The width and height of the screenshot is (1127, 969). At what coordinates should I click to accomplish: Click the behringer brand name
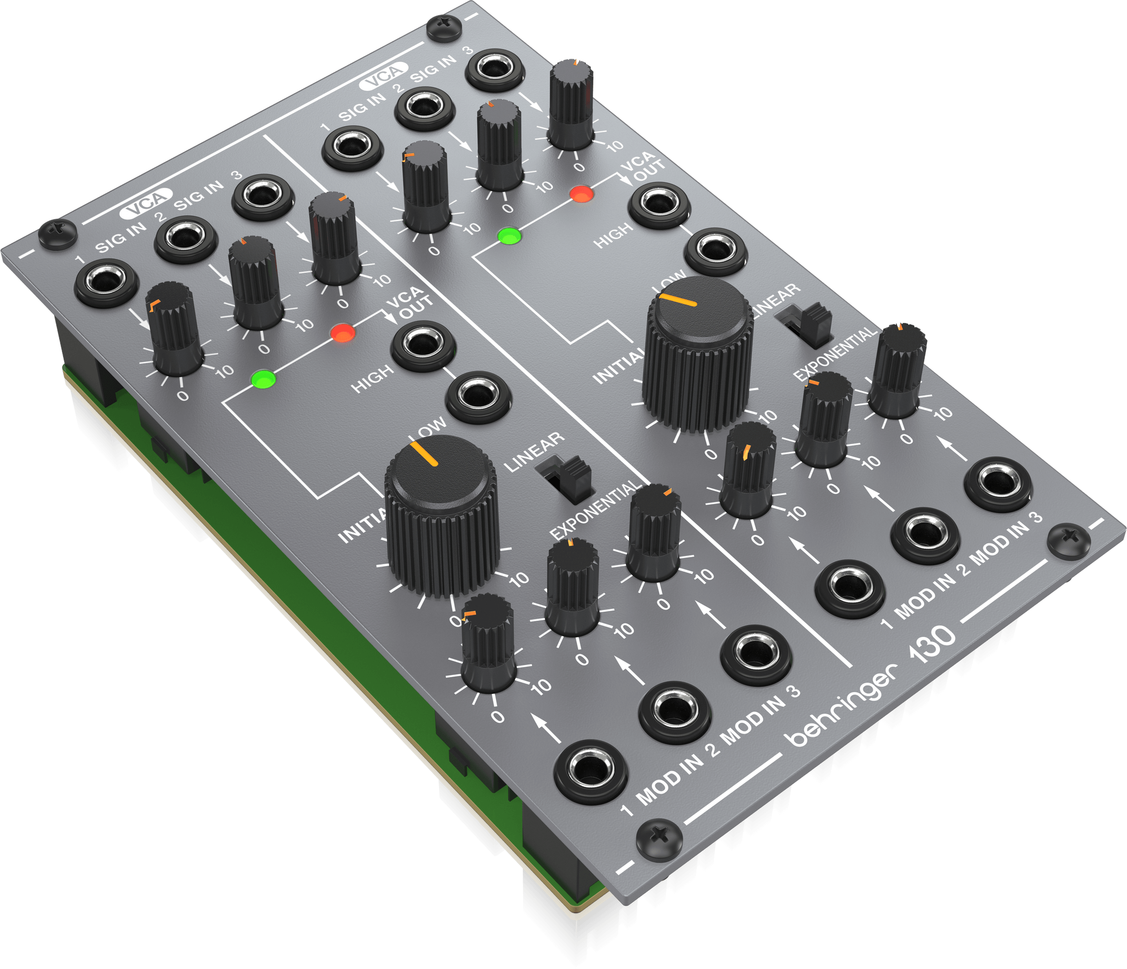tap(842, 705)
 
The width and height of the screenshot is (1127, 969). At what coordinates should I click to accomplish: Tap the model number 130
tap(933, 643)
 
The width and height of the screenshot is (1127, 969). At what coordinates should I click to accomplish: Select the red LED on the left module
tap(343, 333)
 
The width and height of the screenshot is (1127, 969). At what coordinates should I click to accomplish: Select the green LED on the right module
tap(509, 236)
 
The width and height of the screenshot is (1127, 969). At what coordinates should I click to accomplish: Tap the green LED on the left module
tap(264, 379)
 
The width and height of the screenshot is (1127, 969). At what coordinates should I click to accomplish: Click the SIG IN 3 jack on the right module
tap(495, 69)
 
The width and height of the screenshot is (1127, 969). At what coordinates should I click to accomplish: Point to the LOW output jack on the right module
tap(716, 251)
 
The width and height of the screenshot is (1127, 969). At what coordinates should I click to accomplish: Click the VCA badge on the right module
tap(383, 76)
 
